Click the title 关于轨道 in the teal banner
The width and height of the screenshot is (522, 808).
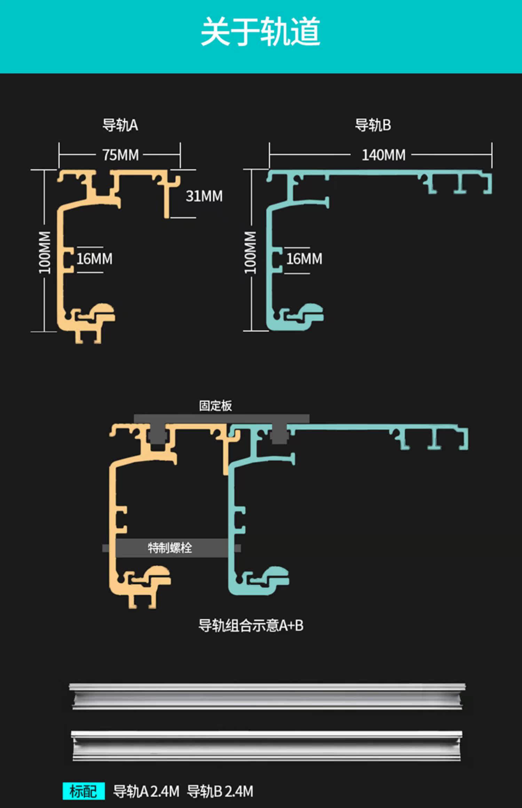[260, 32]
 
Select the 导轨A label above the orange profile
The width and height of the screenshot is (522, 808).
[120, 125]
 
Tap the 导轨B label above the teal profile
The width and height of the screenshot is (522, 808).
[373, 125]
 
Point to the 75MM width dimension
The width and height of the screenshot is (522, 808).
[120, 155]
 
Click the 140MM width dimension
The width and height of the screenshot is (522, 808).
[383, 155]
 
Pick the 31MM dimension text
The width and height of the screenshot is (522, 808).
[204, 196]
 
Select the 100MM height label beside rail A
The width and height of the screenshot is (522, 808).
[45, 252]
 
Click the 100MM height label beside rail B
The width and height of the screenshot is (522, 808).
[250, 252]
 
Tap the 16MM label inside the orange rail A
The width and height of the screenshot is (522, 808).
[94, 259]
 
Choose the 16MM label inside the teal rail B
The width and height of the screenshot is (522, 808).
[304, 259]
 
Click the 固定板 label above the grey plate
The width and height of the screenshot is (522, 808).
[215, 406]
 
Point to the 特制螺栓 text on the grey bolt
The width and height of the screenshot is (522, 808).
[170, 548]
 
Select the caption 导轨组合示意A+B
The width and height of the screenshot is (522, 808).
[251, 625]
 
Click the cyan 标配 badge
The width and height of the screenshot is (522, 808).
[84, 791]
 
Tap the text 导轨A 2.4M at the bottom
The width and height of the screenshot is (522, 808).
[146, 791]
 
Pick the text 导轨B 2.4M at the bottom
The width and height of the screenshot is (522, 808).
[220, 791]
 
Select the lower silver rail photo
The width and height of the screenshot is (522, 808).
[267, 745]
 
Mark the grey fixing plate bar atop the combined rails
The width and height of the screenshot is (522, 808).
[222, 419]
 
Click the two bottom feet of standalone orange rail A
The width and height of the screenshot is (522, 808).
[88, 336]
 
